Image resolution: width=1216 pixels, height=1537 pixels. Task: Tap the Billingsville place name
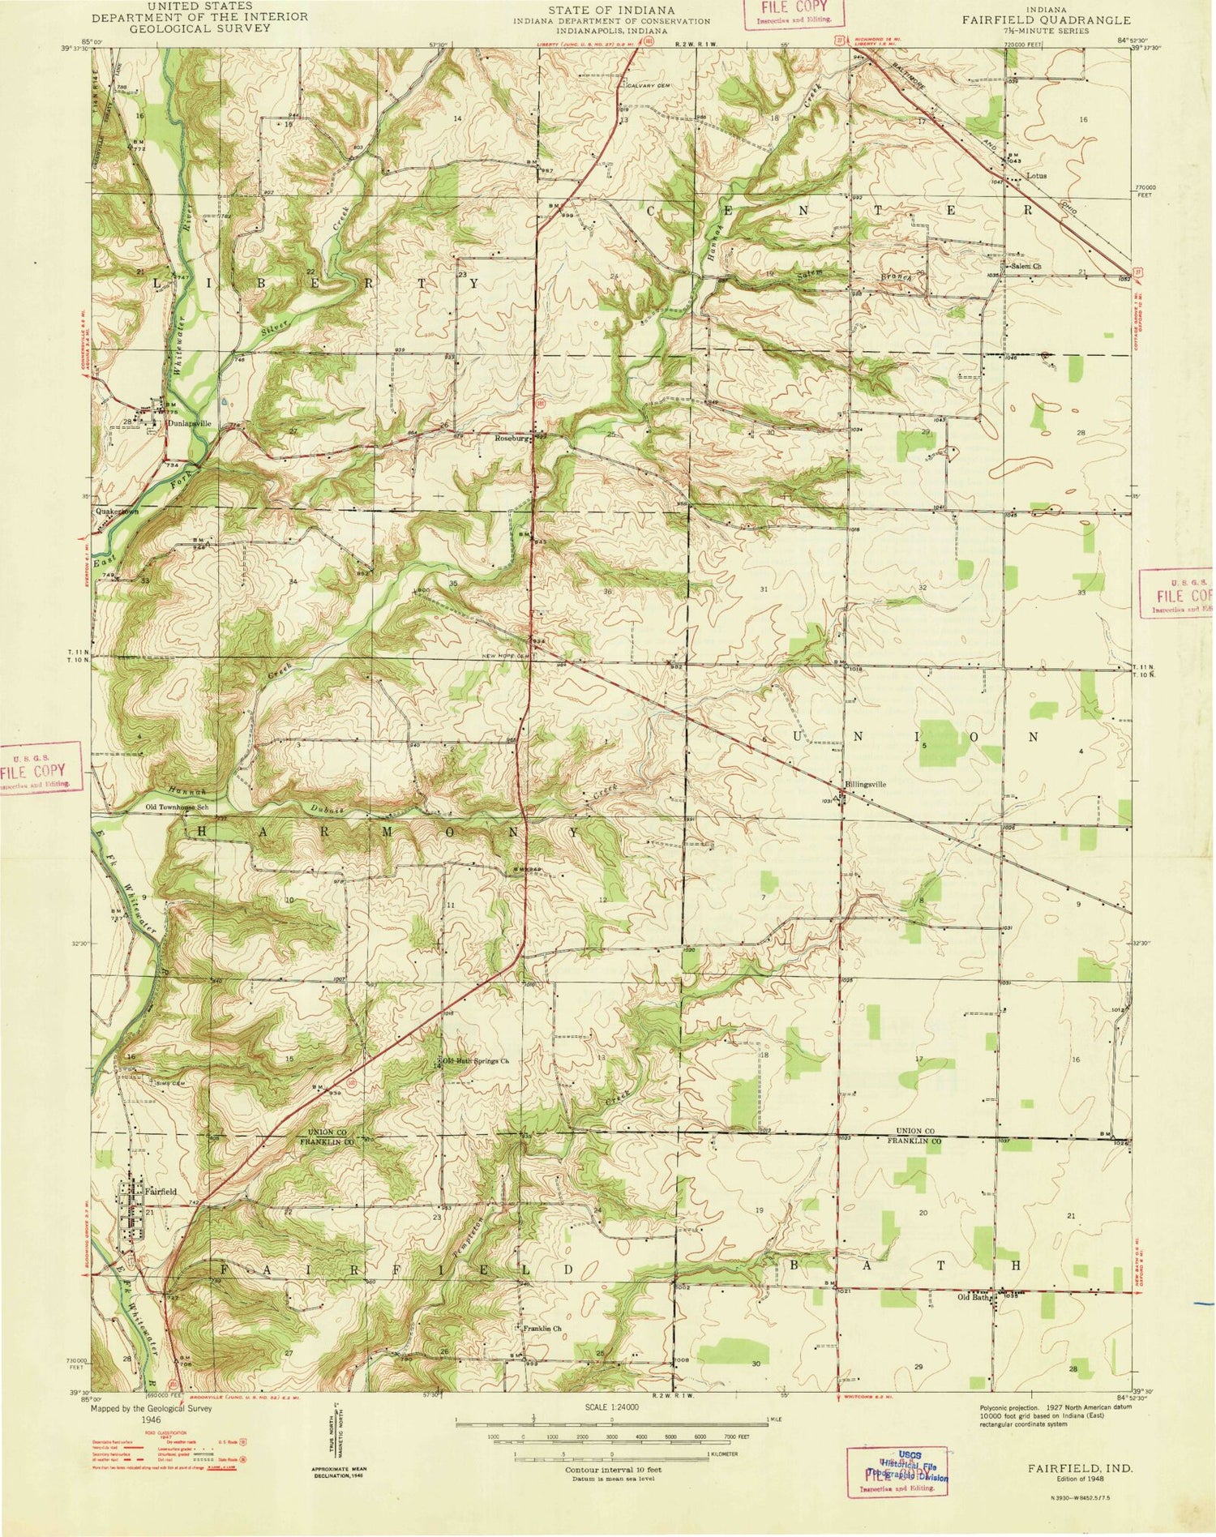pyautogui.click(x=865, y=785)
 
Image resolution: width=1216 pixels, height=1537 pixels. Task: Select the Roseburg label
pyautogui.click(x=512, y=438)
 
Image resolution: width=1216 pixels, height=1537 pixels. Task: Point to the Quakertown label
pyautogui.click(x=116, y=512)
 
